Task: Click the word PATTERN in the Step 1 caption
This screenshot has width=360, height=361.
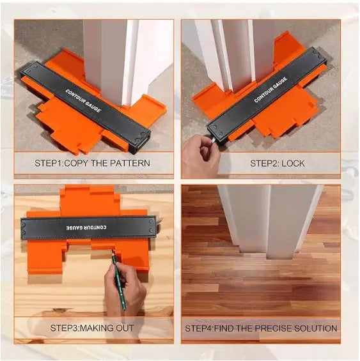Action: pos(130,163)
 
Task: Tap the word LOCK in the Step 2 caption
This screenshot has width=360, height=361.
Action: pos(293,163)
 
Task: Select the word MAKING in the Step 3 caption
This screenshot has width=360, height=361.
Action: pos(97,328)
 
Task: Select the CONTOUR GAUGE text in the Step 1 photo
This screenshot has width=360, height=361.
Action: pos(83,100)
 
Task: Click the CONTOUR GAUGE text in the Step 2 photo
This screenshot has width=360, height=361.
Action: pos(271,90)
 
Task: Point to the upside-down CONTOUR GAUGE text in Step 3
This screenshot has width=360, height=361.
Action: pos(86,227)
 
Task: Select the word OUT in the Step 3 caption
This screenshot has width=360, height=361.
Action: pos(125,328)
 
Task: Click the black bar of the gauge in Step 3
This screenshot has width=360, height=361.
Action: pos(88,227)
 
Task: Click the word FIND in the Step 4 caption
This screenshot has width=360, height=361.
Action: pos(223,328)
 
